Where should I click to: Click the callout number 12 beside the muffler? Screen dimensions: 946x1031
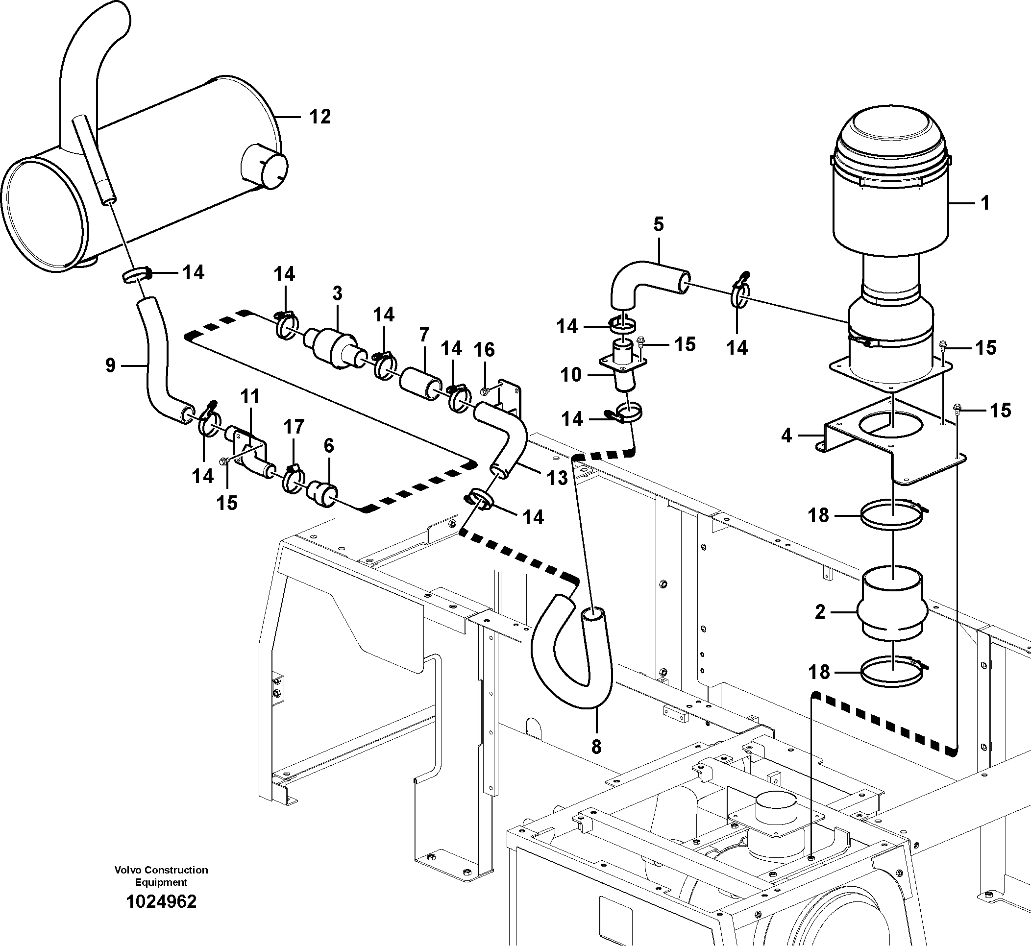point(320,117)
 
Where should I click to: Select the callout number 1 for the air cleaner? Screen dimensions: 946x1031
point(985,203)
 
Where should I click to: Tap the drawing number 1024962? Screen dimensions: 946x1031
point(161,901)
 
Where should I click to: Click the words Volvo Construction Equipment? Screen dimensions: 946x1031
point(161,876)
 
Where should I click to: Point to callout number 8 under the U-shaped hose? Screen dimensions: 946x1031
point(596,747)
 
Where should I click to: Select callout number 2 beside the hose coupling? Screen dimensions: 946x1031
point(820,612)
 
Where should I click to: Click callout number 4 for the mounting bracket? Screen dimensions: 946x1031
point(786,436)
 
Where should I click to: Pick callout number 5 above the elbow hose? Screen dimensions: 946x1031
point(658,224)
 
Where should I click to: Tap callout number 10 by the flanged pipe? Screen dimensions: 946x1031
point(571,375)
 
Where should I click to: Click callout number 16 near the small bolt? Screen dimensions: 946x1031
point(484,350)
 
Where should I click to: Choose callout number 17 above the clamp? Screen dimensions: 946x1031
point(294,426)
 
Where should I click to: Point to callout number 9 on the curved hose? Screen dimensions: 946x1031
point(111,365)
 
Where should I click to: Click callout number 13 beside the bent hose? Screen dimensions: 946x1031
point(557,478)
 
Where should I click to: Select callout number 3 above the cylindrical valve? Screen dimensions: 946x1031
point(337,293)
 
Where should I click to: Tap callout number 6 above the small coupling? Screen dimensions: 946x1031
point(329,446)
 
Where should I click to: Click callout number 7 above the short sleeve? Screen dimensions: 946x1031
point(423,335)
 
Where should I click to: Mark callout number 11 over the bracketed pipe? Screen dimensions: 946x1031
point(250,396)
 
